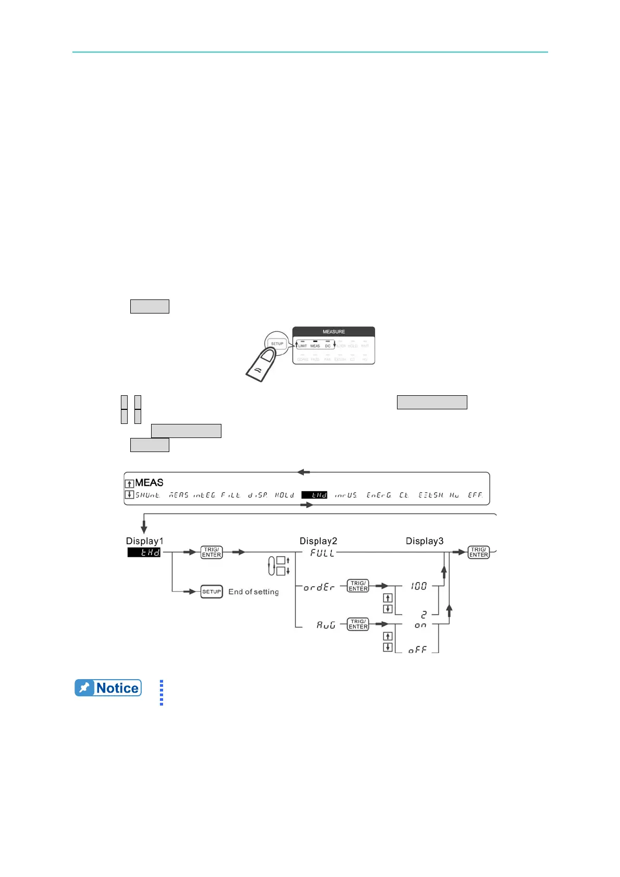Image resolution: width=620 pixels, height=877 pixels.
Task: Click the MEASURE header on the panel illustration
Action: (x=333, y=332)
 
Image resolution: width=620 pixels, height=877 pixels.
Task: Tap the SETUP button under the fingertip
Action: (x=277, y=344)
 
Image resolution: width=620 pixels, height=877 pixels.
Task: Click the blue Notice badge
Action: (x=108, y=688)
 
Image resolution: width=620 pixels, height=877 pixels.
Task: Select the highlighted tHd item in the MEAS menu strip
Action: (x=315, y=495)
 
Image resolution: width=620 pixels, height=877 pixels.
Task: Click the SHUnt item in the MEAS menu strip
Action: (x=148, y=495)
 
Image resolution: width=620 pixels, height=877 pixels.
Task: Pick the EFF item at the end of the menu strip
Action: (x=475, y=495)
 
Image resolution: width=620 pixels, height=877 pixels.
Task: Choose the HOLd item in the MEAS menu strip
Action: (x=284, y=495)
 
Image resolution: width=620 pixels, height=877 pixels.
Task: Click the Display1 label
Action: (x=144, y=541)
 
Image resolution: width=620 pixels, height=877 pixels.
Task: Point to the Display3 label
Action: (x=425, y=541)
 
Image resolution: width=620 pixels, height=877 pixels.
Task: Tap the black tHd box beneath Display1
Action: (x=144, y=553)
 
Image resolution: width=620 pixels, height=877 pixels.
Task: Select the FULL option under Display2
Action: (x=323, y=553)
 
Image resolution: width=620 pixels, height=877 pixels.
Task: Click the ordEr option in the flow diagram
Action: (x=319, y=587)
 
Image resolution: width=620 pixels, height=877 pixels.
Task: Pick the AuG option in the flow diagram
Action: (x=326, y=625)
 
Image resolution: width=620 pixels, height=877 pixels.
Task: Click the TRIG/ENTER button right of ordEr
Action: (x=358, y=586)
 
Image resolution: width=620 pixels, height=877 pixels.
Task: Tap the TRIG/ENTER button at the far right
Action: (x=478, y=553)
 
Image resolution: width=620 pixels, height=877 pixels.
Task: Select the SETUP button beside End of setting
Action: (x=212, y=592)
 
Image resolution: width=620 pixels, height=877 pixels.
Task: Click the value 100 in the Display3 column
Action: (x=418, y=586)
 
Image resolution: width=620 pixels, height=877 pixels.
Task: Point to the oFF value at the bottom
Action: (x=417, y=650)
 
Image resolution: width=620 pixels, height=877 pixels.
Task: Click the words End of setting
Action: (x=253, y=592)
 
